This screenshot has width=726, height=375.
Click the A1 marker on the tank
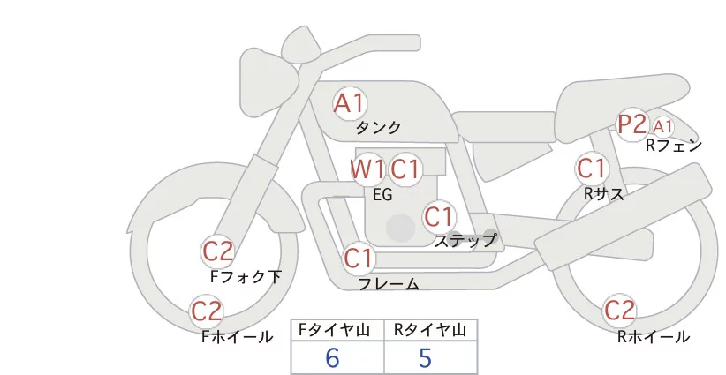pyautogui.click(x=349, y=103)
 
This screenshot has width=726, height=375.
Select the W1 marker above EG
pyautogui.click(x=367, y=169)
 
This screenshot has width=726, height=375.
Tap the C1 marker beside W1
pyautogui.click(x=405, y=169)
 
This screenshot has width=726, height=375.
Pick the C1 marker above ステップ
pyautogui.click(x=439, y=216)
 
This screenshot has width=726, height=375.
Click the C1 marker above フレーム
pyautogui.click(x=359, y=259)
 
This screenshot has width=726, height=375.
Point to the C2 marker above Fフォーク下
pyautogui.click(x=217, y=252)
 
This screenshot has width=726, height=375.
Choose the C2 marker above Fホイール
pyautogui.click(x=207, y=311)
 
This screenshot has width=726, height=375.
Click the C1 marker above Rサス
pyautogui.click(x=591, y=168)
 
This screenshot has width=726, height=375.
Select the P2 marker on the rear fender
pyautogui.click(x=632, y=125)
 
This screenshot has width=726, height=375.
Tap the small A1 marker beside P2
pyautogui.click(x=663, y=127)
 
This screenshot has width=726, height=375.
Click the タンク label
pyautogui.click(x=378, y=128)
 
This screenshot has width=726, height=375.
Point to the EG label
pyautogui.click(x=383, y=195)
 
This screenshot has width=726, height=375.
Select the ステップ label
pyautogui.click(x=465, y=239)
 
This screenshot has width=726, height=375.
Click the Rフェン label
pyautogui.click(x=673, y=146)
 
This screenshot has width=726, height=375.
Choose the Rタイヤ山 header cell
pyautogui.click(x=430, y=330)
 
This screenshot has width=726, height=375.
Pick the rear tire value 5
pyautogui.click(x=425, y=358)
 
